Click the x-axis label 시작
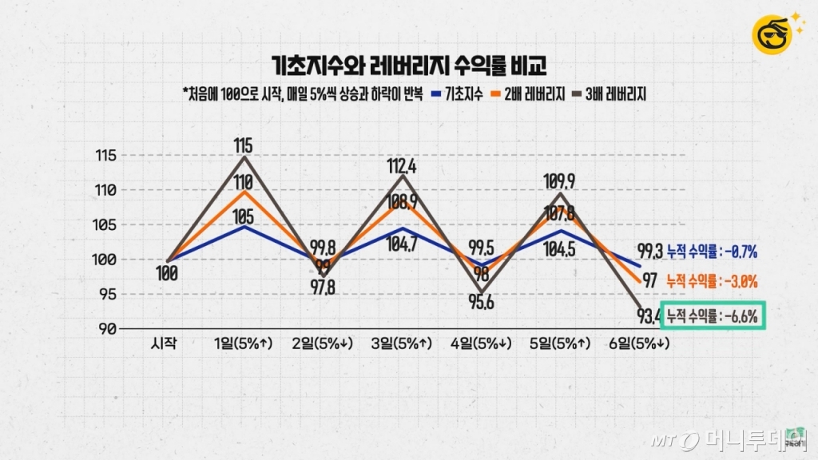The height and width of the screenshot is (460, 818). pyautogui.click(x=165, y=344)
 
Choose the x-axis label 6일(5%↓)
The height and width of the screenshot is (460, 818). pyautogui.click(x=639, y=344)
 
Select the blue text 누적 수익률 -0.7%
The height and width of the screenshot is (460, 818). pyautogui.click(x=712, y=252)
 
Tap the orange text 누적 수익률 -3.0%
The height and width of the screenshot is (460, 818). pyautogui.click(x=712, y=281)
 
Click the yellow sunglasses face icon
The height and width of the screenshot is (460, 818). pyautogui.click(x=771, y=34)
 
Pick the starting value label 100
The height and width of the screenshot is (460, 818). pyautogui.click(x=167, y=274)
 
